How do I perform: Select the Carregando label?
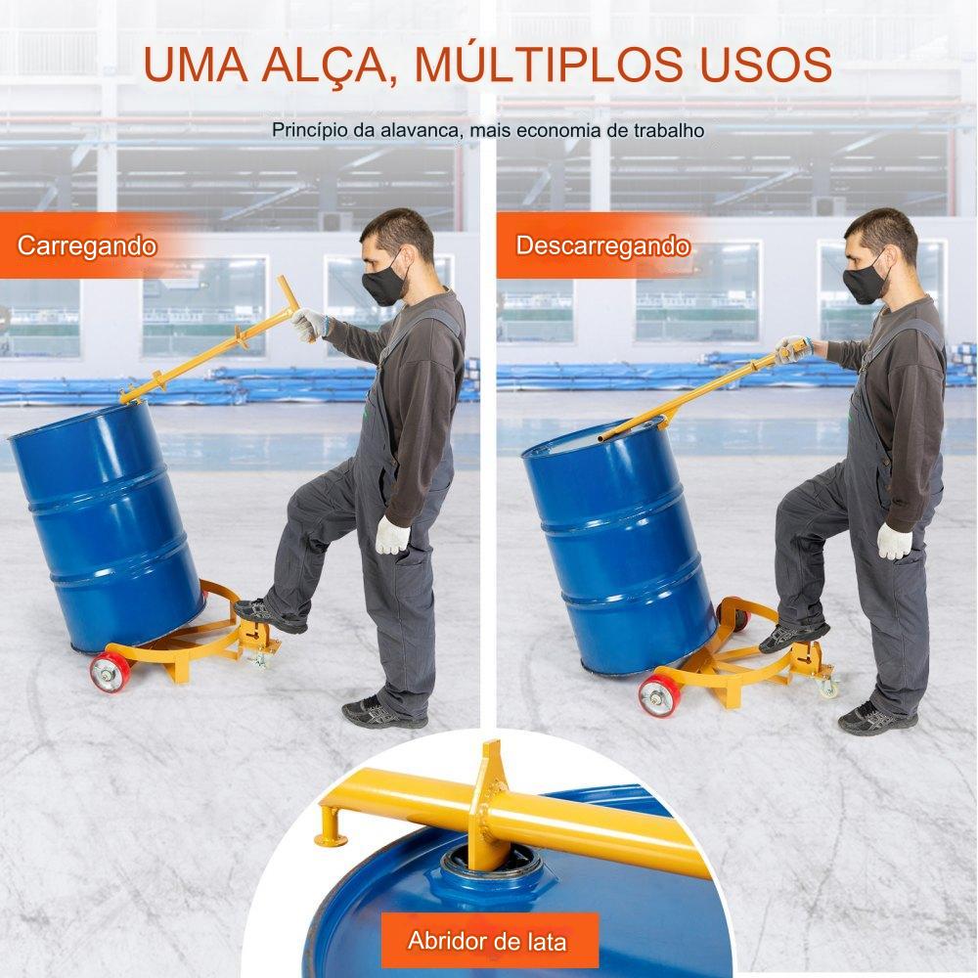pyautogui.click(x=87, y=245)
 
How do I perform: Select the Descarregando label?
pyautogui.click(x=602, y=245)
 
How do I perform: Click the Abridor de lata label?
pyautogui.click(x=487, y=940)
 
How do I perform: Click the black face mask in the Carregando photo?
pyautogui.click(x=383, y=285)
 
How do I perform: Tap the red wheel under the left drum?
pyautogui.click(x=111, y=672)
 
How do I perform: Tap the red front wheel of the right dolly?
pyautogui.click(x=658, y=694)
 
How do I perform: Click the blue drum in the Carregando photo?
pyautogui.click(x=106, y=526)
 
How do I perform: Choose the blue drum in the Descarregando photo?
pyautogui.click(x=619, y=547)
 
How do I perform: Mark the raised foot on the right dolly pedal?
pyautogui.click(x=794, y=636)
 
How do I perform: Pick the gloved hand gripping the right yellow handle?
pyautogui.click(x=792, y=349)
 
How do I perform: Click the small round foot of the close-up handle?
pyautogui.click(x=331, y=839)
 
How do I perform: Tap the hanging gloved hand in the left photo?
pyautogui.click(x=392, y=535)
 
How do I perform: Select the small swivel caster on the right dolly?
pyautogui.click(x=828, y=687)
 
